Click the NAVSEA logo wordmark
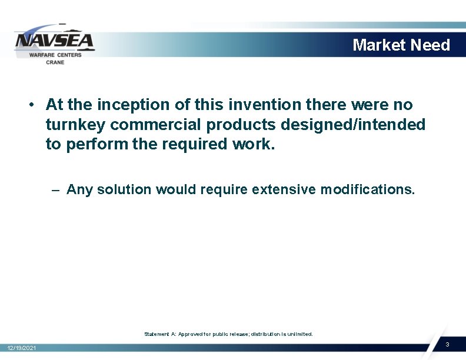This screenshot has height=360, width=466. [x=54, y=41]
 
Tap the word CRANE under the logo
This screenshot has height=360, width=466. [x=55, y=62]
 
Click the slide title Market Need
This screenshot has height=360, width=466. [x=401, y=45]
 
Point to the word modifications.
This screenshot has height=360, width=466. [x=368, y=189]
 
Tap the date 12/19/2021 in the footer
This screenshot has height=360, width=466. [x=21, y=349]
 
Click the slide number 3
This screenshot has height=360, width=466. [x=447, y=344]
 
